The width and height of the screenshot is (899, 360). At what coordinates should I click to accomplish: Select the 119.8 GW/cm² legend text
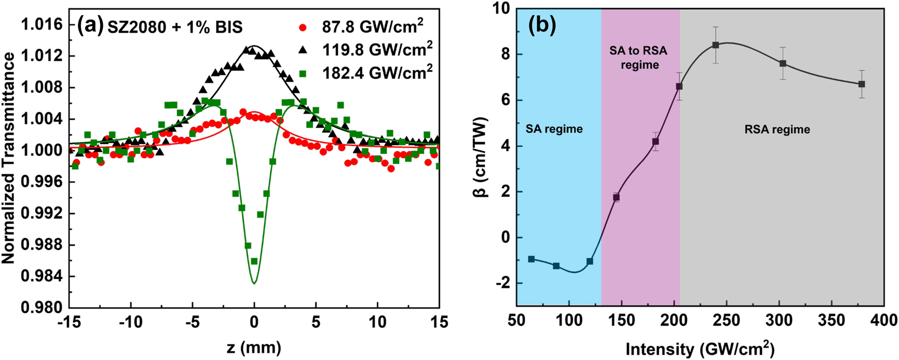coord(377,50)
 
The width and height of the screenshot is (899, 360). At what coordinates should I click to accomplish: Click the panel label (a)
coord(90,25)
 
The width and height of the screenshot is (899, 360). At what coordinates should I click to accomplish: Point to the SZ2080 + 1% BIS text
coord(174,27)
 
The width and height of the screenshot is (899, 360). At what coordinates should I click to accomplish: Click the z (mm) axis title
coord(254,346)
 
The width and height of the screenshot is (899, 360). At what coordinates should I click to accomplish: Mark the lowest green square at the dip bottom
coord(254,261)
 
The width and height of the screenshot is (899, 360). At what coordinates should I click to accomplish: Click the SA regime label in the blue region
coord(554,129)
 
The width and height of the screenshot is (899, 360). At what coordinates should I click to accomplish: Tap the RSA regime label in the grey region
coord(777,130)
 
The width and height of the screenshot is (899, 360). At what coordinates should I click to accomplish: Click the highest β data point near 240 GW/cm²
coord(715,45)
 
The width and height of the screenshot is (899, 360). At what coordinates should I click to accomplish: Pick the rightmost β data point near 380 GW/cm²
coord(862,84)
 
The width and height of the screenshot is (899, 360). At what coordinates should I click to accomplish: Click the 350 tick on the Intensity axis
coord(832,321)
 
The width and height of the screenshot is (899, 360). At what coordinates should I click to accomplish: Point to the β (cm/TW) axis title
coord(484,157)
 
